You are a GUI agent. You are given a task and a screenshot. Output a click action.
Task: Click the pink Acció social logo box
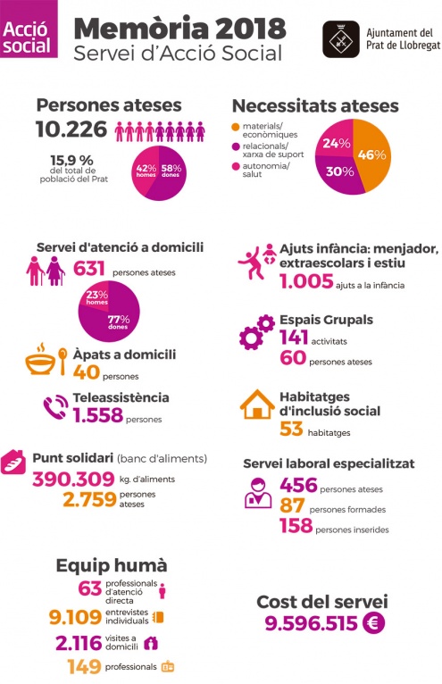pos(29,29)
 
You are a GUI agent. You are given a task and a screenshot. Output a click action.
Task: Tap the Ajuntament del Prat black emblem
pos(341,39)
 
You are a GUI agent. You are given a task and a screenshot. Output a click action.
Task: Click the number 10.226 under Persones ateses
pos(71,129)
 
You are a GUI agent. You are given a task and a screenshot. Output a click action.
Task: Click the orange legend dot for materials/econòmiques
pos(236,127)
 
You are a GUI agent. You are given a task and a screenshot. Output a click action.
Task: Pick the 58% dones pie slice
pos(170,172)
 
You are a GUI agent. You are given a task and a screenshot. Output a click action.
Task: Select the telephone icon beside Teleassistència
pos(55,408)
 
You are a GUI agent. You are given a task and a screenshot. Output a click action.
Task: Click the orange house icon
pos(257,405)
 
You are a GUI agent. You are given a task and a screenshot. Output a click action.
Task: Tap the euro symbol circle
pos(374,622)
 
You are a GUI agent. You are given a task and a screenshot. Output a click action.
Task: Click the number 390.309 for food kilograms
pos(73,479)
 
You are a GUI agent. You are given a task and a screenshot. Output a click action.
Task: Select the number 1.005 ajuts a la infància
pos(306,281)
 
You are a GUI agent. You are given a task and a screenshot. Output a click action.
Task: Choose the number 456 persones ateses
pos(298,485)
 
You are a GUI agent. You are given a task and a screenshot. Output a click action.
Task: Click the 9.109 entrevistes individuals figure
pos(75,617)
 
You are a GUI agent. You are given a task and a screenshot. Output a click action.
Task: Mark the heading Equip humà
pos(112,565)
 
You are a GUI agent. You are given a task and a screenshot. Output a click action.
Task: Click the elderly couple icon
pos(46,271)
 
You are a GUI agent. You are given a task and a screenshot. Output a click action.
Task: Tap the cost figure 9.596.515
pos(311,623)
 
